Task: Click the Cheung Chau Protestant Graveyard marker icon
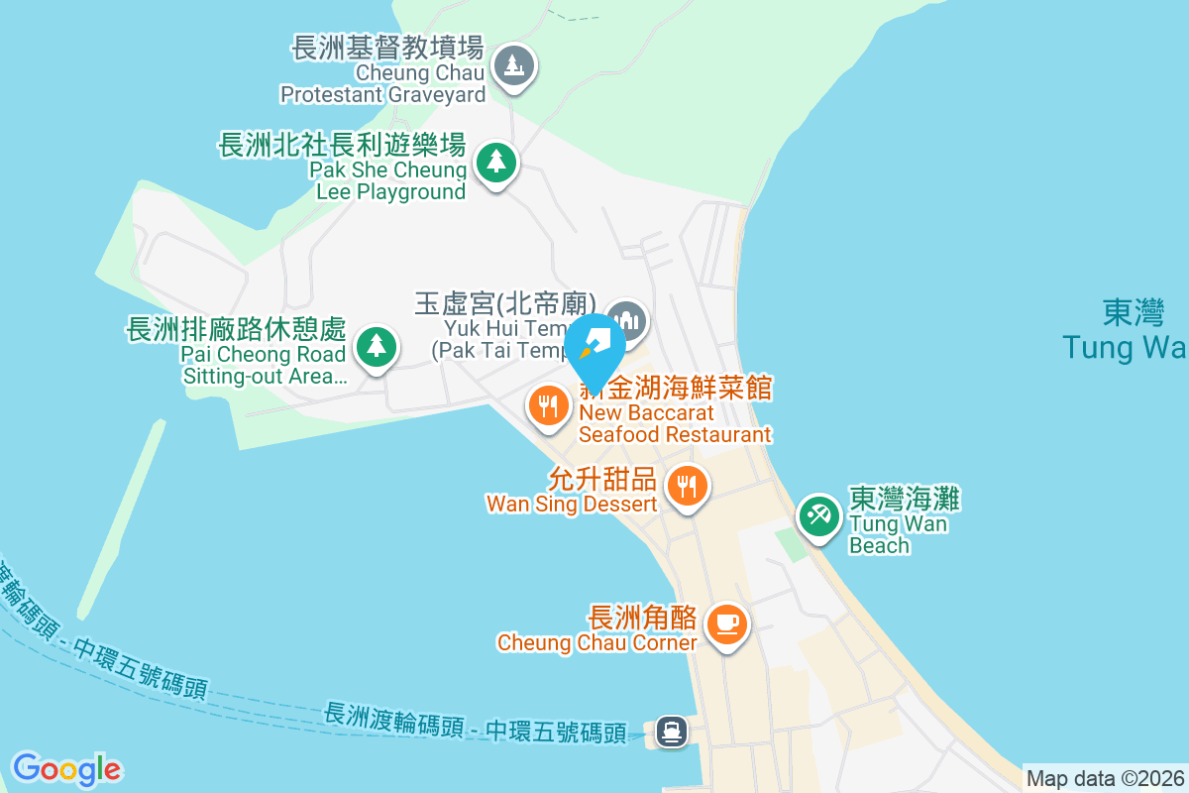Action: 513,67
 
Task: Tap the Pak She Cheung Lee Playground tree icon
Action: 495,162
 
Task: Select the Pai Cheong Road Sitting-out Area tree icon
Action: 376,347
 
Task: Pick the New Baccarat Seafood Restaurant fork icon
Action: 547,405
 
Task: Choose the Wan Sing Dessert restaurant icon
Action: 687,487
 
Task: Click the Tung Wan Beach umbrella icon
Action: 818,515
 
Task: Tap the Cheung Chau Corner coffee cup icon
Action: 727,623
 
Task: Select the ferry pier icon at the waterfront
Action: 672,733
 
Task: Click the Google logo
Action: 66,769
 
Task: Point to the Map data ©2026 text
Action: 1105,779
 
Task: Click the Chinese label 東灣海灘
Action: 904,499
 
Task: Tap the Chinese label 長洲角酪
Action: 642,618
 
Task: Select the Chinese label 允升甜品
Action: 601,481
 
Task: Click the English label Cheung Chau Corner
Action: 596,642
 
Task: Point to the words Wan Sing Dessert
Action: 571,504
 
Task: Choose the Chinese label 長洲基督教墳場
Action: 387,48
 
